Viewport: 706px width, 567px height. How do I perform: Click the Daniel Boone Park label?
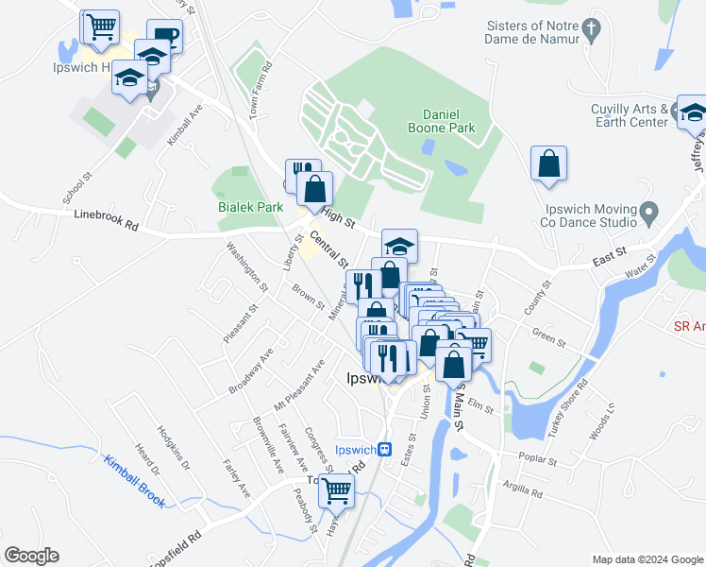[x=441, y=119]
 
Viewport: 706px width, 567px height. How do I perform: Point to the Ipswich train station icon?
[x=385, y=450]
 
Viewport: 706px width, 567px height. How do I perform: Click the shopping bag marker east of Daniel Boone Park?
[x=548, y=164]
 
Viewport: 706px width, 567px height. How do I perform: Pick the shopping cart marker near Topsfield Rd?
[x=336, y=491]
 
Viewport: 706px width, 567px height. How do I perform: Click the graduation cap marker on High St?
[x=399, y=246]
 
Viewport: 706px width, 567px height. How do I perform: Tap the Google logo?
[x=31, y=556]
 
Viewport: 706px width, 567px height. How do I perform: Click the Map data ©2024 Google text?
[x=647, y=559]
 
